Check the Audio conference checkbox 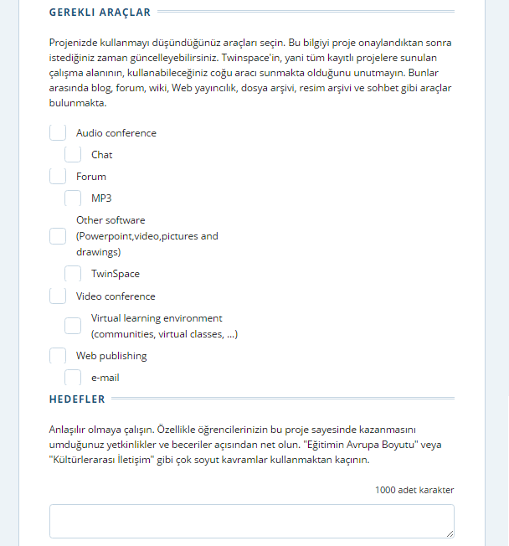58,132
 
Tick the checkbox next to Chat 73,154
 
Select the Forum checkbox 58,176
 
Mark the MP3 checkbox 73,198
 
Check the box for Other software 58,236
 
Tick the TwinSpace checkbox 73,274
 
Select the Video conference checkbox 58,296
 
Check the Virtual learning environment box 73,326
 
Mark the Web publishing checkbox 58,356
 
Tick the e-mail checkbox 73,378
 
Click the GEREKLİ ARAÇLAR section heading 100,13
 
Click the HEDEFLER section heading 77,399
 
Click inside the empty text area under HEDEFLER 251,520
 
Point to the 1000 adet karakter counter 414,490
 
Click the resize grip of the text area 450,533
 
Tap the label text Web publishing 111,356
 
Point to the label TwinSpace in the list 116,274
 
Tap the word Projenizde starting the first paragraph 75,42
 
